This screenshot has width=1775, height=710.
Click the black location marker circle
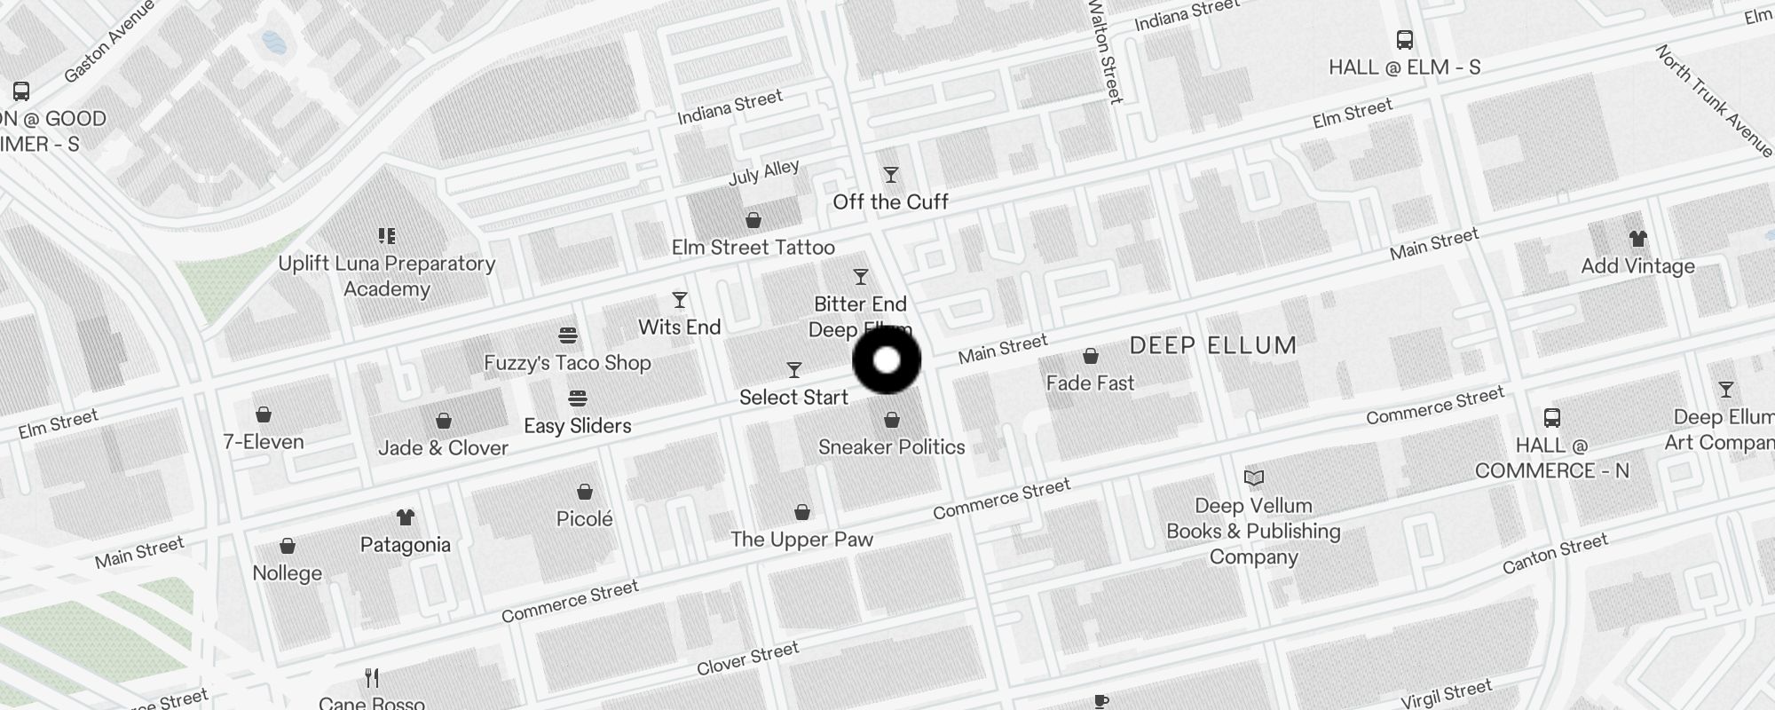pos(887,360)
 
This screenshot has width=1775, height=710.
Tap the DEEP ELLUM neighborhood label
pos(1212,345)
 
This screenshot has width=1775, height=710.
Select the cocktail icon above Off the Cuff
pos(890,175)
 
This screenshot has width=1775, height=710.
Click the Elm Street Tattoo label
pos(753,248)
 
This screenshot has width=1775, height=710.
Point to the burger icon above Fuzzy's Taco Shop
pos(568,335)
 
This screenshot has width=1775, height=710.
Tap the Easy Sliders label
pos(578,426)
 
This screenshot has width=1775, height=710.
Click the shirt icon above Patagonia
pos(406,517)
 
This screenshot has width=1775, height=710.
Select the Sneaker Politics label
pos(891,447)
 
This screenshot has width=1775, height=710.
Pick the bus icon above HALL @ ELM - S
pos(1404,40)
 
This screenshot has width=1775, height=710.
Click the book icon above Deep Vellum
pos(1253,478)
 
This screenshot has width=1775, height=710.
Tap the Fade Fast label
pos(1090,383)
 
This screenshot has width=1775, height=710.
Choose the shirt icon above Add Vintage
pos(1637,239)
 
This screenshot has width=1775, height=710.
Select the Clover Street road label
pos(747,659)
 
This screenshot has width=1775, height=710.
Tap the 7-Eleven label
pos(264,442)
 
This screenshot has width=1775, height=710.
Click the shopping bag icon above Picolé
pos(584,492)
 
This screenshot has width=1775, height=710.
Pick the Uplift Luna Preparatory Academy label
pos(386,276)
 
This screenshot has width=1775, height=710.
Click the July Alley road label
pos(763,172)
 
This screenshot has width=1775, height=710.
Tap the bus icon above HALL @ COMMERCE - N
pos(1551,418)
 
